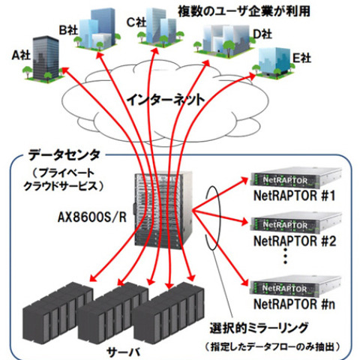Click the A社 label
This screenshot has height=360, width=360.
tap(20, 55)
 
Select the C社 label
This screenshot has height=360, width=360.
tap(136, 22)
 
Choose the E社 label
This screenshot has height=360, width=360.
tap(301, 56)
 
